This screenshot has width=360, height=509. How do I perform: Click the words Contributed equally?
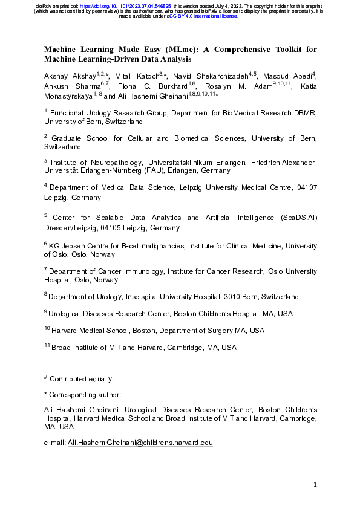(x=82, y=379)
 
